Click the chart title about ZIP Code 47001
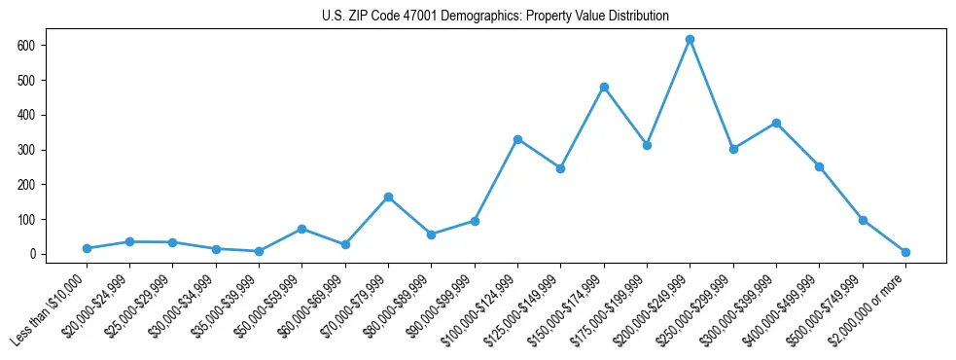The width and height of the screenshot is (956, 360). pyautogui.click(x=495, y=16)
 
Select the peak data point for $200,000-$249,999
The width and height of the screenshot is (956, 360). pyautogui.click(x=690, y=39)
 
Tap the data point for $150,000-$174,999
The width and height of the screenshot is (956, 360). pyautogui.click(x=604, y=87)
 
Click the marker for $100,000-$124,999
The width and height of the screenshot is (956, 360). pyautogui.click(x=517, y=139)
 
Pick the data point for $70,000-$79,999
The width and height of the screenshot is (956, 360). pyautogui.click(x=388, y=197)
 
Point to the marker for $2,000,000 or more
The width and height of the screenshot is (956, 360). pyautogui.click(x=905, y=252)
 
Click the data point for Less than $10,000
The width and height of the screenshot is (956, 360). pyautogui.click(x=87, y=248)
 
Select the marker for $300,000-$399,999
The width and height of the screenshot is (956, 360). pyautogui.click(x=776, y=123)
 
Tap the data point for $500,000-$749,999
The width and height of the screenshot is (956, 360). pyautogui.click(x=863, y=220)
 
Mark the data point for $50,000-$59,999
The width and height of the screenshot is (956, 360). pyautogui.click(x=301, y=229)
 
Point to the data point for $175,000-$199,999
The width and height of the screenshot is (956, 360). pyautogui.click(x=647, y=145)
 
